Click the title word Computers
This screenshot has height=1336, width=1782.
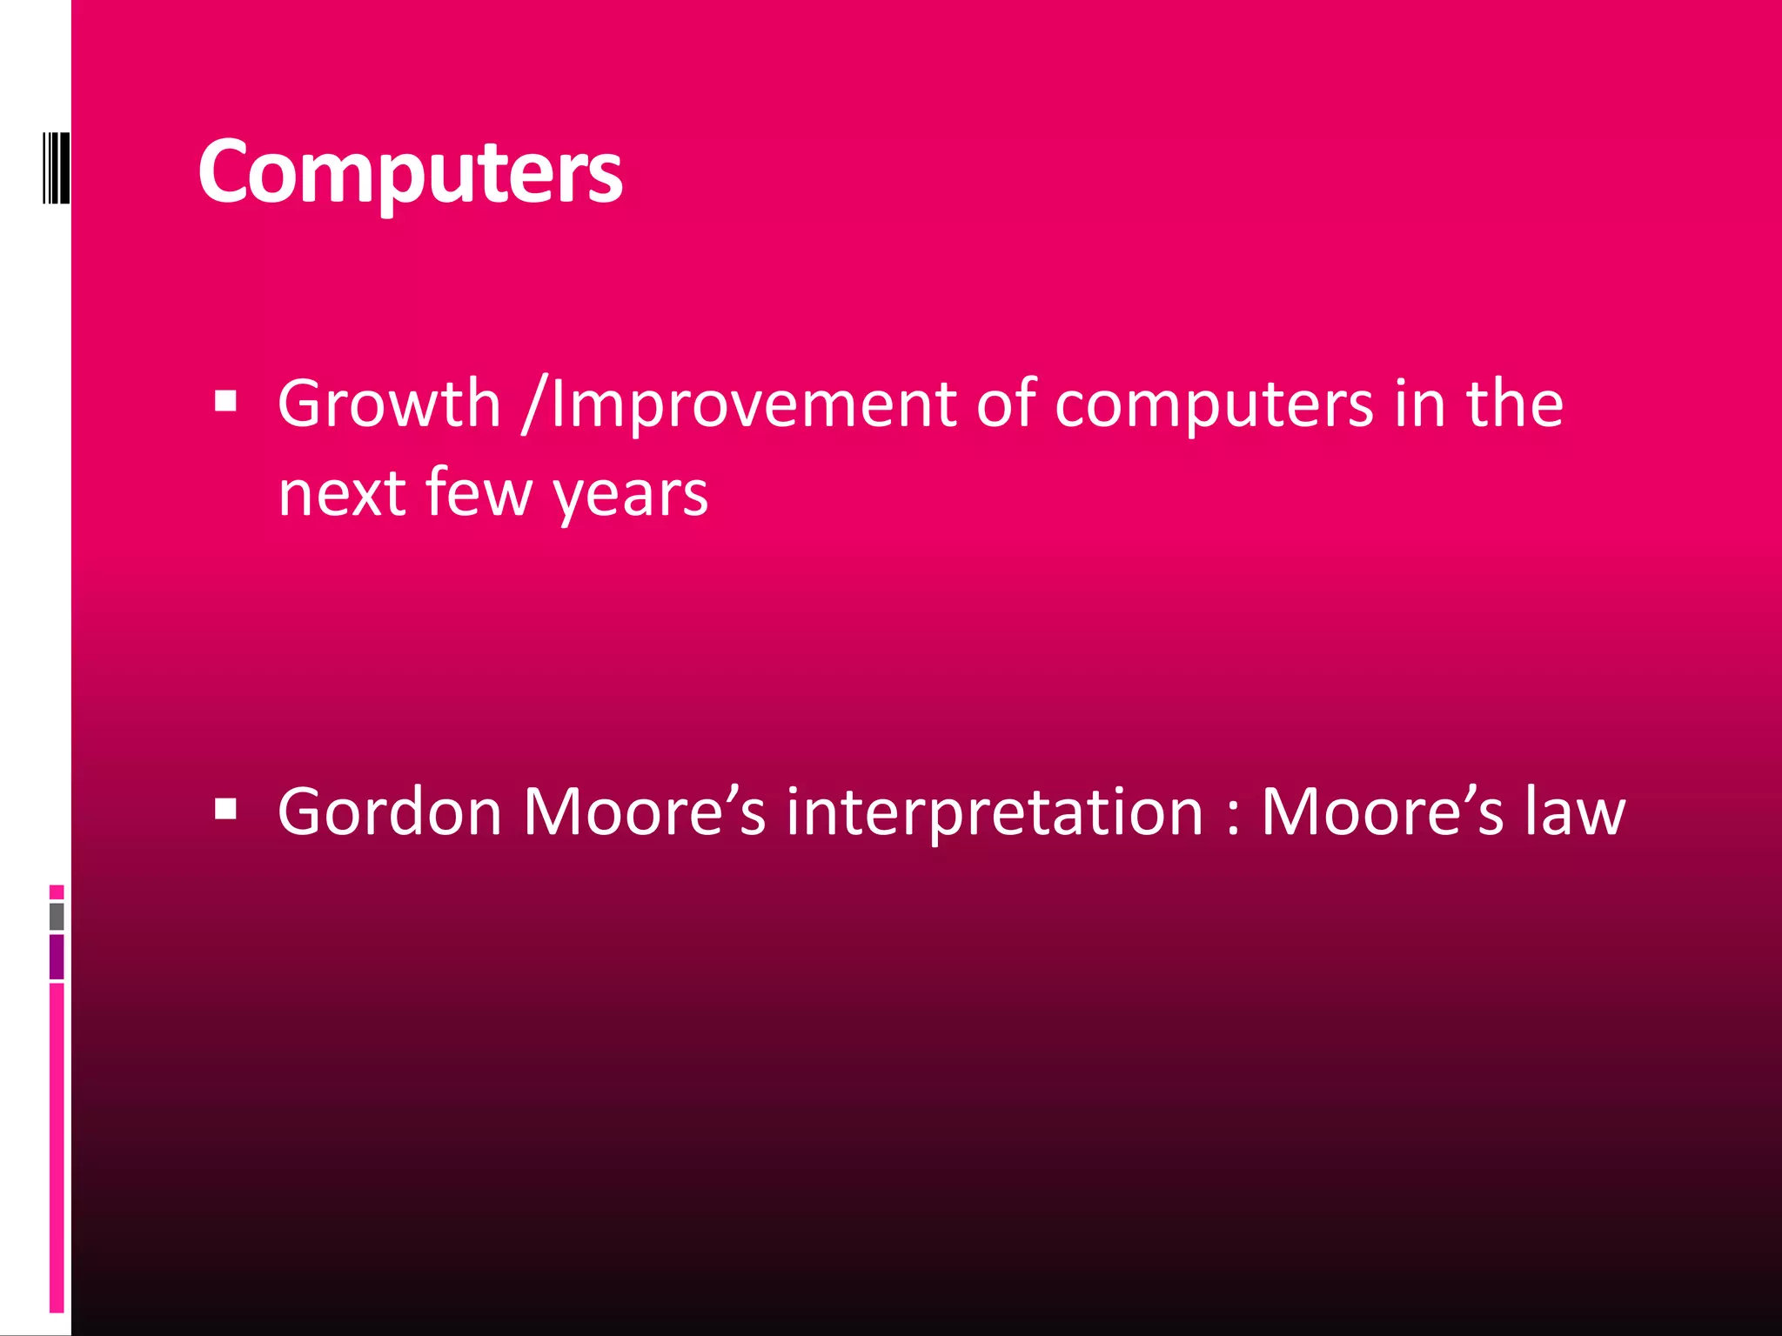410,171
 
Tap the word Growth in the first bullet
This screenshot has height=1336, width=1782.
389,404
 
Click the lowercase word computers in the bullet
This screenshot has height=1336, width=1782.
1214,405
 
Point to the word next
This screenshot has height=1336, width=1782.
342,493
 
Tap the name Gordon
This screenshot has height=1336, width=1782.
390,812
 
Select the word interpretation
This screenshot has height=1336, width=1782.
995,812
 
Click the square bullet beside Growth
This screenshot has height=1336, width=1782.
225,401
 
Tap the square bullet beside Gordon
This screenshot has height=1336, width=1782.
225,810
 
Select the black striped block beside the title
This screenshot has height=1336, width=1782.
56,167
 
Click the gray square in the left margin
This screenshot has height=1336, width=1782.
57,916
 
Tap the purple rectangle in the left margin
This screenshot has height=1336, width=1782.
57,957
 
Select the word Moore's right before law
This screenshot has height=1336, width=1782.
1382,812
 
